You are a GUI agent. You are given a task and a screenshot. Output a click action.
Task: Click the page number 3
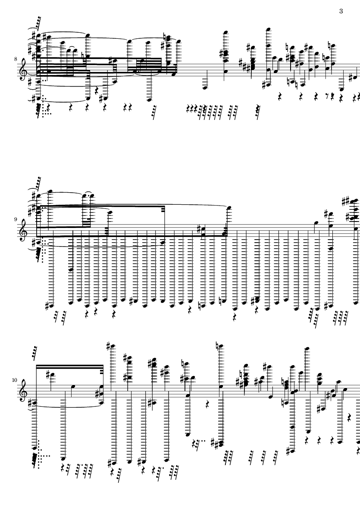coord(341,11)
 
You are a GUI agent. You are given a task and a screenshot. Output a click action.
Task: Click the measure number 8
coord(16,59)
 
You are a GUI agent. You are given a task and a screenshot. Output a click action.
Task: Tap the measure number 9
coord(16,219)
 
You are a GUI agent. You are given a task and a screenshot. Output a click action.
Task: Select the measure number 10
coord(15,380)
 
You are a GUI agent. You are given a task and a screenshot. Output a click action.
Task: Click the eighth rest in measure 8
coord(327,96)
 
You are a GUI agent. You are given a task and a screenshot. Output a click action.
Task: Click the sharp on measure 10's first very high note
coord(108,346)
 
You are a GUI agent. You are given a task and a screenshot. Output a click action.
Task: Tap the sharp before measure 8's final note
coord(351,78)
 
